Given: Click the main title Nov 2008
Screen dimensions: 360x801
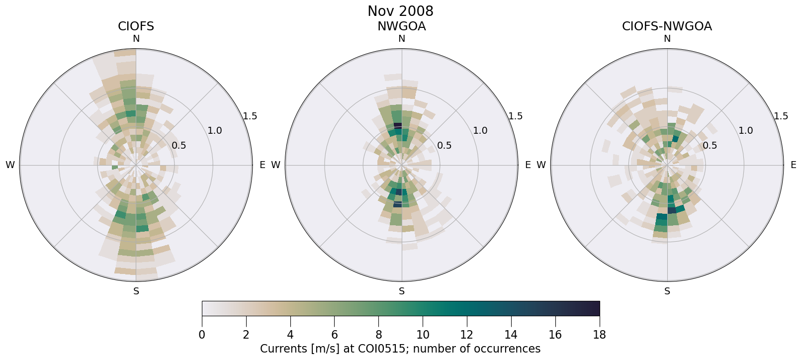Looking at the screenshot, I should pos(400,11).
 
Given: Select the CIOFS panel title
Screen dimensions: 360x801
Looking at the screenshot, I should pos(136,26).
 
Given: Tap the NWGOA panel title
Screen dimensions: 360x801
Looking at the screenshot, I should pos(401,26).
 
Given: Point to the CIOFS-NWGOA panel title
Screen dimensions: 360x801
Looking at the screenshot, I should pos(667,26).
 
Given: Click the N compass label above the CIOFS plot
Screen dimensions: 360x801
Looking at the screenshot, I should pos(136,39).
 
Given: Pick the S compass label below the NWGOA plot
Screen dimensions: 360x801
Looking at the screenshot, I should pos(402,291).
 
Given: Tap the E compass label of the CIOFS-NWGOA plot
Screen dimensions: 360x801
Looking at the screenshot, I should pos(794,165).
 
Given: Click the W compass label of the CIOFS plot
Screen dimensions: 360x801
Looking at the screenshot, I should pos(10,165).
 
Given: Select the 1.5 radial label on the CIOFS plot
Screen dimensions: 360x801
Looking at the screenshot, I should pos(250,116).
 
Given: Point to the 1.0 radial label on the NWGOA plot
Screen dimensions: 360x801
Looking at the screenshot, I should pos(480,131).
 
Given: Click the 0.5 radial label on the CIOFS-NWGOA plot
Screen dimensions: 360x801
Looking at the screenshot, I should pos(710,145).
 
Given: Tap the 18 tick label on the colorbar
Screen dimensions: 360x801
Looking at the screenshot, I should pos(599,335).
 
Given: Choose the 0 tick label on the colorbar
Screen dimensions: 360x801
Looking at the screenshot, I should pos(202,335).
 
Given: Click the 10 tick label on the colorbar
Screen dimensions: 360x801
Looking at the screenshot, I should pos(423,335).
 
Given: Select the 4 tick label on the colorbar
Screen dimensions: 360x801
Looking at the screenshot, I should pos(290,335).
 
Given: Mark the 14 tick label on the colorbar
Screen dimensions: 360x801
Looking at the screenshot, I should pos(511,335).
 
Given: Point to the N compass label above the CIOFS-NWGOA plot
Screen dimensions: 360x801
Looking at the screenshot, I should pos(667,39).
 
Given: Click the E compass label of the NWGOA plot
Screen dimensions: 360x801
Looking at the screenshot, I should pos(528,165).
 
